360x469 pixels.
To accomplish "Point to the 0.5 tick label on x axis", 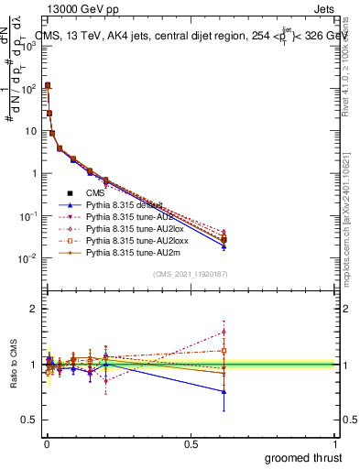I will tap(190, 444).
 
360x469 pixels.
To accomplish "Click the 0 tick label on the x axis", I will tap(46, 444).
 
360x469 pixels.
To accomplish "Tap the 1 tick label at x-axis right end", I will tap(335, 444).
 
